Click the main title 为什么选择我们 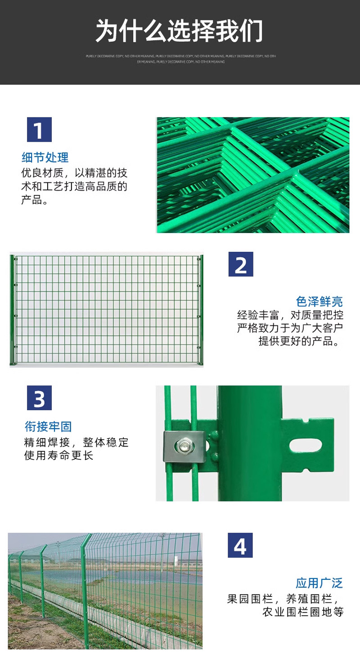179,31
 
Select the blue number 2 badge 241,264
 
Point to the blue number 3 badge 39,398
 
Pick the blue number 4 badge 240,546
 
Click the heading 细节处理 45,157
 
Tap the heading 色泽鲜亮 319,301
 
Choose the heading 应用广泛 319,583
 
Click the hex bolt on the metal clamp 184,446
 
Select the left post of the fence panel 13,310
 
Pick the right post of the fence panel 201,310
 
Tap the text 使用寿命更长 58,456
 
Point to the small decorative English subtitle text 180,58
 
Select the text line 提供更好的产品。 305,341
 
